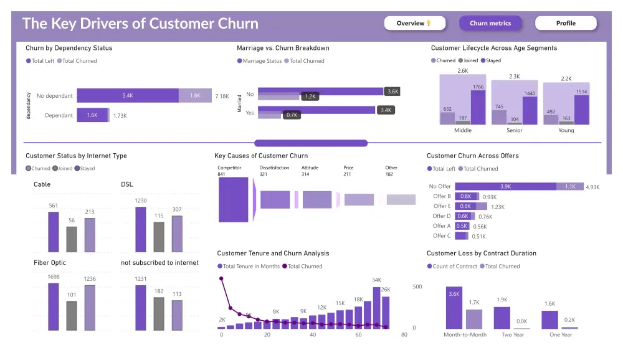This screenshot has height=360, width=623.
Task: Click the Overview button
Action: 416,24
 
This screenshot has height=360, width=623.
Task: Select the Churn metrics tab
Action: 490,24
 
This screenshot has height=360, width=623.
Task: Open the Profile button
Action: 566,24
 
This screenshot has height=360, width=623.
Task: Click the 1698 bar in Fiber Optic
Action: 54,306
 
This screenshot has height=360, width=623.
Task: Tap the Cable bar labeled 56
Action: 72,239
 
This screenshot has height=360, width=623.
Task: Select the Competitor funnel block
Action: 233,200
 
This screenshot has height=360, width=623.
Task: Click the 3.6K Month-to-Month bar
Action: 454,308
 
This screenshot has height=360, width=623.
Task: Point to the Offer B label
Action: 442,196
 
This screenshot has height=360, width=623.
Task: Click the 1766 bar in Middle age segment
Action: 478,107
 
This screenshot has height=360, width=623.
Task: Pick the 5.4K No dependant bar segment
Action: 128,96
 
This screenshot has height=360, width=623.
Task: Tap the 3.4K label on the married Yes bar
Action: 385,110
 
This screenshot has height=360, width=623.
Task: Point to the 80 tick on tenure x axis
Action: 404,335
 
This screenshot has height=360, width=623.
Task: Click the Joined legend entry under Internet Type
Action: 64,169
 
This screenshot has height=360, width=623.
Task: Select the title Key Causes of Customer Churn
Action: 261,156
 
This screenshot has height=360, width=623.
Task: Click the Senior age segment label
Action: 514,131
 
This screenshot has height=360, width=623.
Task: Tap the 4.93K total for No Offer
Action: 595,186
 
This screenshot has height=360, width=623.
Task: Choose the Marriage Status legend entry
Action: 260,61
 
